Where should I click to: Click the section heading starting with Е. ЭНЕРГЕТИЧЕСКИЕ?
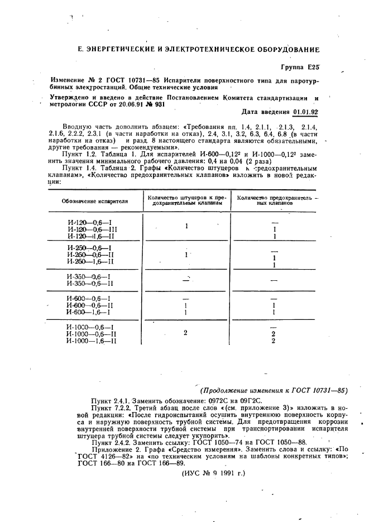pos(198,50)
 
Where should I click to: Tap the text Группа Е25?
pos(300,67)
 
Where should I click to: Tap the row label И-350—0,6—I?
pos(88,276)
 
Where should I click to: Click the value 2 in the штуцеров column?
pos(185,333)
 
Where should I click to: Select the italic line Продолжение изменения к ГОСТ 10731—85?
pos(274,391)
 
